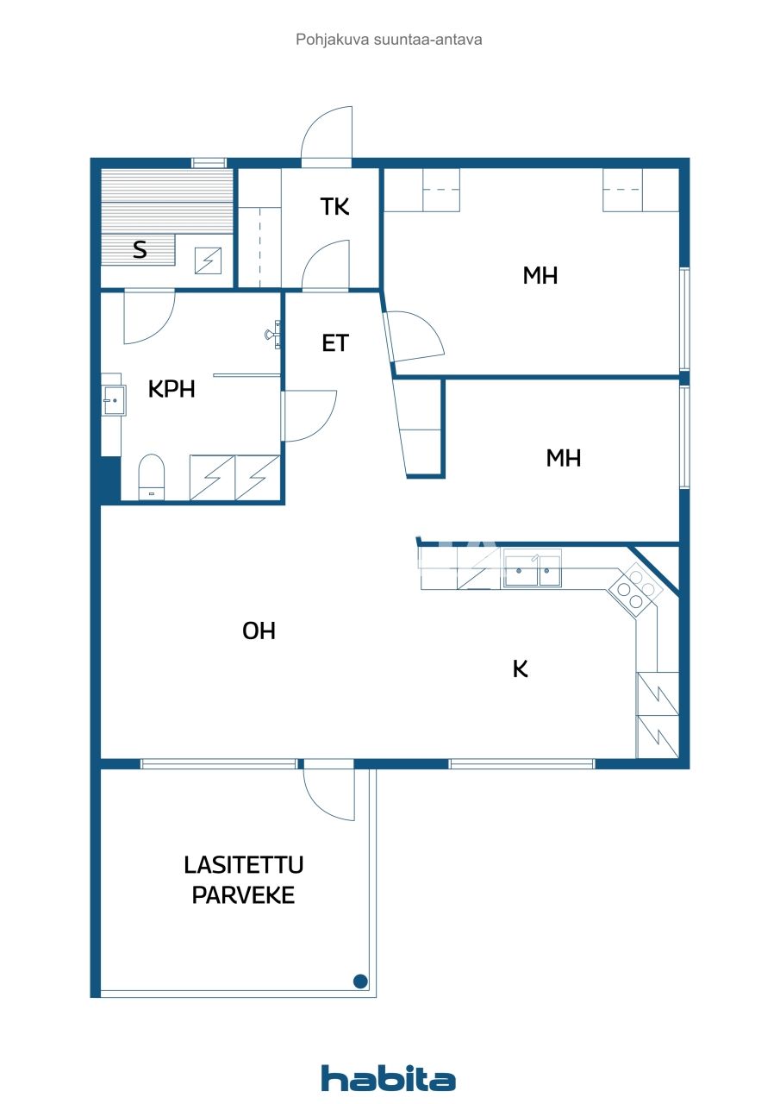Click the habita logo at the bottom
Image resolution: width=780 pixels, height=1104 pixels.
point(388,1078)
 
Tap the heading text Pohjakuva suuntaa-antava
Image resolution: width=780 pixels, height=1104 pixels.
point(389,39)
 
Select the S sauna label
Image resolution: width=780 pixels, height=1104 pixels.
point(140,251)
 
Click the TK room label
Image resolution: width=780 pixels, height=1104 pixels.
point(334,207)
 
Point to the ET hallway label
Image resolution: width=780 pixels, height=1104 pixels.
point(334,343)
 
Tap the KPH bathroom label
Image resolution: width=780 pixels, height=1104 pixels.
point(172,389)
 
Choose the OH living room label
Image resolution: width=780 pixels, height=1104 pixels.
point(259,631)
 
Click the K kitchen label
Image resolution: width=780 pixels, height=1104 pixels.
point(520,669)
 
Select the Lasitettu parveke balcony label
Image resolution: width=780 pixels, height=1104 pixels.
point(243,880)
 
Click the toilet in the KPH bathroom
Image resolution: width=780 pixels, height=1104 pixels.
point(152,477)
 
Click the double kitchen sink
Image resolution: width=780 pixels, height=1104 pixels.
point(533,570)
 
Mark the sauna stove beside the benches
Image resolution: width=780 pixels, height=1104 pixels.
point(208,260)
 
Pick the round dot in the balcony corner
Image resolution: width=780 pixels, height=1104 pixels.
point(360,981)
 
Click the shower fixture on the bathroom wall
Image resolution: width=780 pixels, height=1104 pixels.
point(275,333)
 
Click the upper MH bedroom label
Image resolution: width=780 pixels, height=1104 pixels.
point(540,276)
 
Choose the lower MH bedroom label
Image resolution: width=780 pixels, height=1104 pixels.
point(564,458)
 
